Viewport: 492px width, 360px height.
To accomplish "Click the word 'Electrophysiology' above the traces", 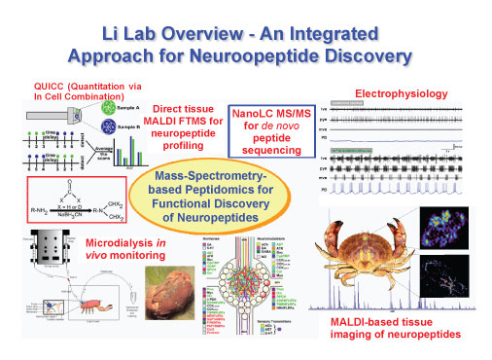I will (402, 93).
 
